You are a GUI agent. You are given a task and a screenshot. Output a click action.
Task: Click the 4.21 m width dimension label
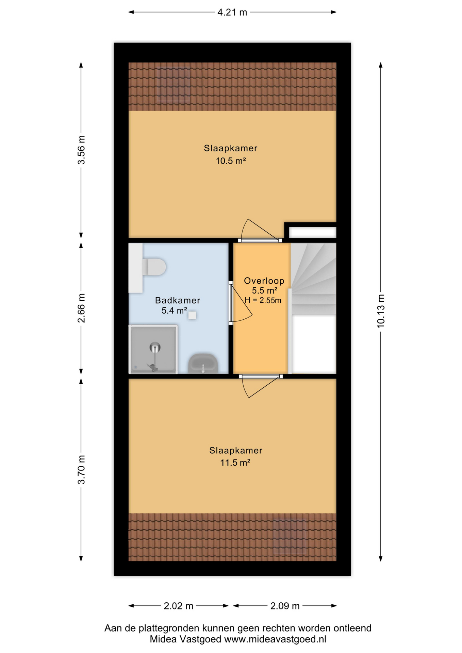(232, 12)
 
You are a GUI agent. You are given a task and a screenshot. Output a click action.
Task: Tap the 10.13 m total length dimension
(381, 311)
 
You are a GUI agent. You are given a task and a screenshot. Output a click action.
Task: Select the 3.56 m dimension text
(81, 150)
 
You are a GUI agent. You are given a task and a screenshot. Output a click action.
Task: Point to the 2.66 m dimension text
(81, 308)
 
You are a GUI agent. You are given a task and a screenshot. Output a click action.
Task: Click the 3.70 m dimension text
(81, 469)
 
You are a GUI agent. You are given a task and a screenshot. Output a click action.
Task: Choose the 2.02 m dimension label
(178, 606)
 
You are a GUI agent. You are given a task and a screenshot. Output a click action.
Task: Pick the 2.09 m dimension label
(285, 606)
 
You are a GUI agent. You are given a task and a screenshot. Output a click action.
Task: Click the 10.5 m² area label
(231, 161)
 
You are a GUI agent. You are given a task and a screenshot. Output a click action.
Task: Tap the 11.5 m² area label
(235, 463)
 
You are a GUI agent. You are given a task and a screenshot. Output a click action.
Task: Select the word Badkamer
(178, 300)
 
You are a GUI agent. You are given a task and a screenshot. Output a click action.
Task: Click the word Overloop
(264, 281)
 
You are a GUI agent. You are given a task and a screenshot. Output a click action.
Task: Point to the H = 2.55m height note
(263, 300)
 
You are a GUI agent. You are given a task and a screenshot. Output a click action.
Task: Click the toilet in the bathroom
(153, 267)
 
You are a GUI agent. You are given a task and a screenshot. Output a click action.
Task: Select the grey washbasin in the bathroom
(203, 364)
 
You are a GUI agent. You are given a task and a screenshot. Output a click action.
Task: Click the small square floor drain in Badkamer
(192, 315)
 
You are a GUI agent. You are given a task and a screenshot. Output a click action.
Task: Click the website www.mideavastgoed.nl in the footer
(275, 639)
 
